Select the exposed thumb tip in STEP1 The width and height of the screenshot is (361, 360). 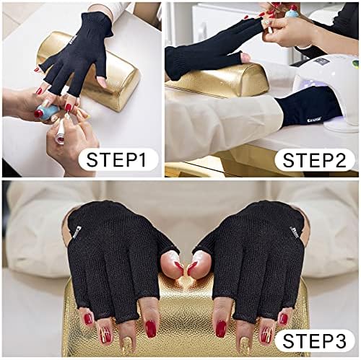tap(101, 79)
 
